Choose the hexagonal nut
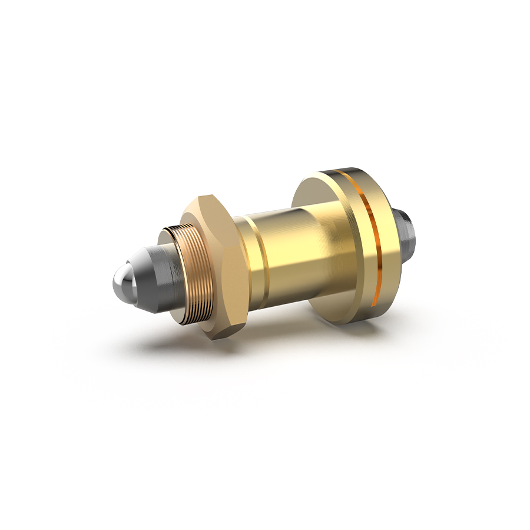click(x=221, y=265)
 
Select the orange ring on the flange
click(x=370, y=236)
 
